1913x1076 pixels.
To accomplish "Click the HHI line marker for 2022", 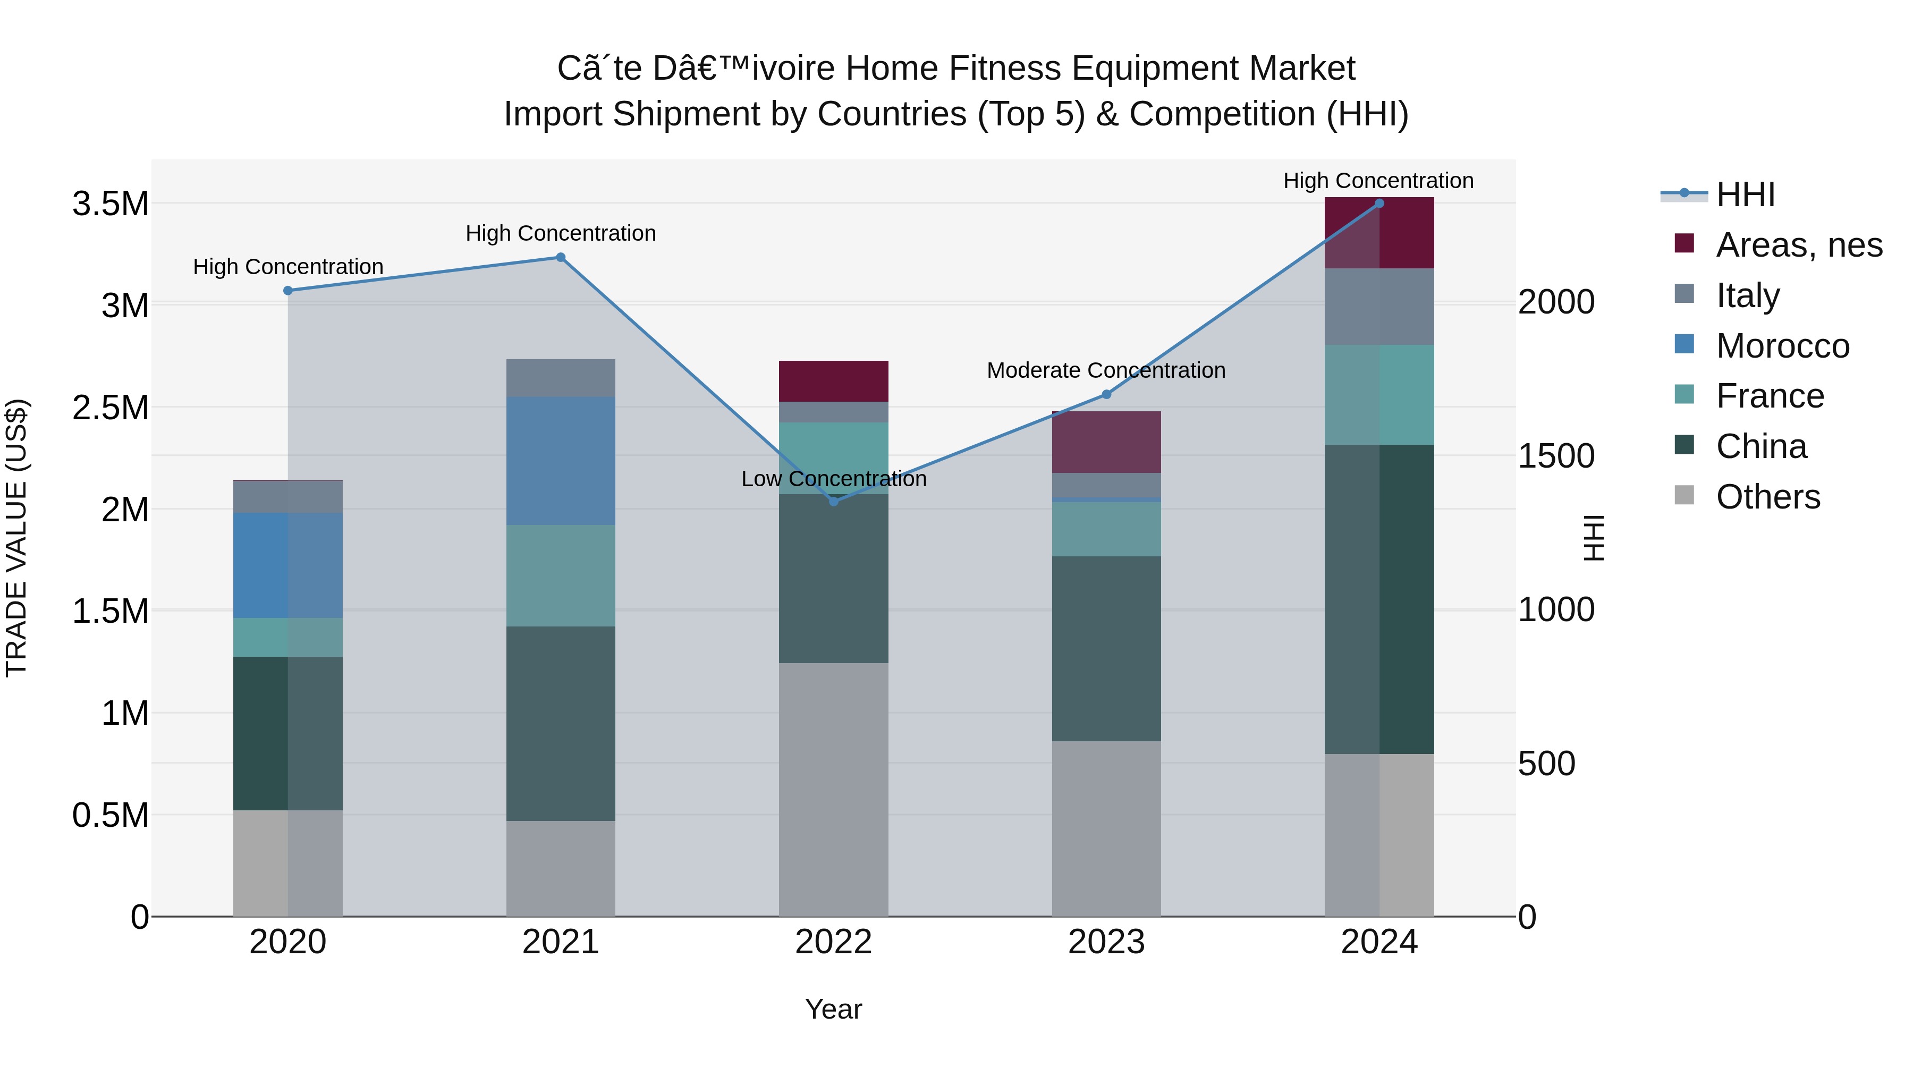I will pyautogui.click(x=833, y=501).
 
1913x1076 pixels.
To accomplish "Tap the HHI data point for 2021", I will pyautogui.click(x=561, y=258).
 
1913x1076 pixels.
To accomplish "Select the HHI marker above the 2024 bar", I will pyautogui.click(x=1379, y=204).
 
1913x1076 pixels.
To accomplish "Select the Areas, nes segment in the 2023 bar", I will pyautogui.click(x=1106, y=443).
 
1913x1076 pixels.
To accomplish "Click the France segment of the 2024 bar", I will pyautogui.click(x=1379, y=394).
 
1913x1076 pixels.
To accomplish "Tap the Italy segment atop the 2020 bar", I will pyautogui.click(x=288, y=497).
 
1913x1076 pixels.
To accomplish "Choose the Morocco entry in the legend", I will pyautogui.click(x=1782, y=346).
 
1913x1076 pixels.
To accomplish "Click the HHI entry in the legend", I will pyautogui.click(x=1745, y=194).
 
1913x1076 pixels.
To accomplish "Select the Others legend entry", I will pyautogui.click(x=1767, y=497).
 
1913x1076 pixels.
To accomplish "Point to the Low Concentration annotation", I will pyautogui.click(x=833, y=479).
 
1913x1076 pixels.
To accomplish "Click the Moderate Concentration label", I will pyautogui.click(x=1106, y=370).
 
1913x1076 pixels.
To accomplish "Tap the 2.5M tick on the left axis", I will pyautogui.click(x=111, y=408).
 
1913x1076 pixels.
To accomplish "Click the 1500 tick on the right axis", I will pyautogui.click(x=1556, y=456).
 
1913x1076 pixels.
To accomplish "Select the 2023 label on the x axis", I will pyautogui.click(x=1106, y=942).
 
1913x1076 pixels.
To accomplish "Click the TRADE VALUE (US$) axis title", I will pyautogui.click(x=17, y=538).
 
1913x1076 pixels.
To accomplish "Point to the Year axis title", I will pyautogui.click(x=833, y=1009).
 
